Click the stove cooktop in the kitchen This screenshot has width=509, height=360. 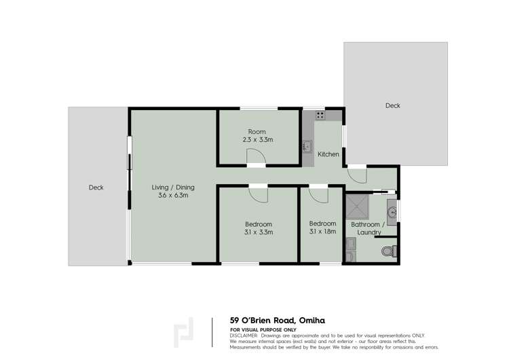(x=319, y=115)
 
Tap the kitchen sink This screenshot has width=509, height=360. (x=306, y=146)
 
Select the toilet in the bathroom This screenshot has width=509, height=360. (x=388, y=251)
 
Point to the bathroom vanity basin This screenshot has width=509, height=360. (x=392, y=212)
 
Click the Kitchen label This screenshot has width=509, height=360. (x=328, y=154)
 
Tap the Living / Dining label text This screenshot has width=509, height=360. (x=169, y=186)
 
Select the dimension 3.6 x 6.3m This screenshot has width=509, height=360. (x=169, y=195)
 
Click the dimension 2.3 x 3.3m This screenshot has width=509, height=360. (x=257, y=140)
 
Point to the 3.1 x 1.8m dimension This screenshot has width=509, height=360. (x=322, y=232)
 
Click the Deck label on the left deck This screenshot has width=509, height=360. (x=96, y=187)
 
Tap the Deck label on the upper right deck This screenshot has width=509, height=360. (x=392, y=105)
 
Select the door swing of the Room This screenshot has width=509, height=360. (x=256, y=157)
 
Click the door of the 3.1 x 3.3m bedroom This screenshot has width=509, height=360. (x=259, y=194)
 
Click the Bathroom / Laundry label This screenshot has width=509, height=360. (x=368, y=228)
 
